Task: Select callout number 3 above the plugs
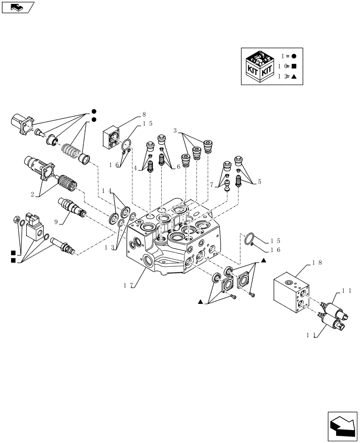(x=175, y=131)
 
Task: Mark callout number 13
(x=109, y=247)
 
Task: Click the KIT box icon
(x=259, y=66)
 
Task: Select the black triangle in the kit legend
(x=294, y=76)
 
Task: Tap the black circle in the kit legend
(x=294, y=56)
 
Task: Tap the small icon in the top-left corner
(x=18, y=7)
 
